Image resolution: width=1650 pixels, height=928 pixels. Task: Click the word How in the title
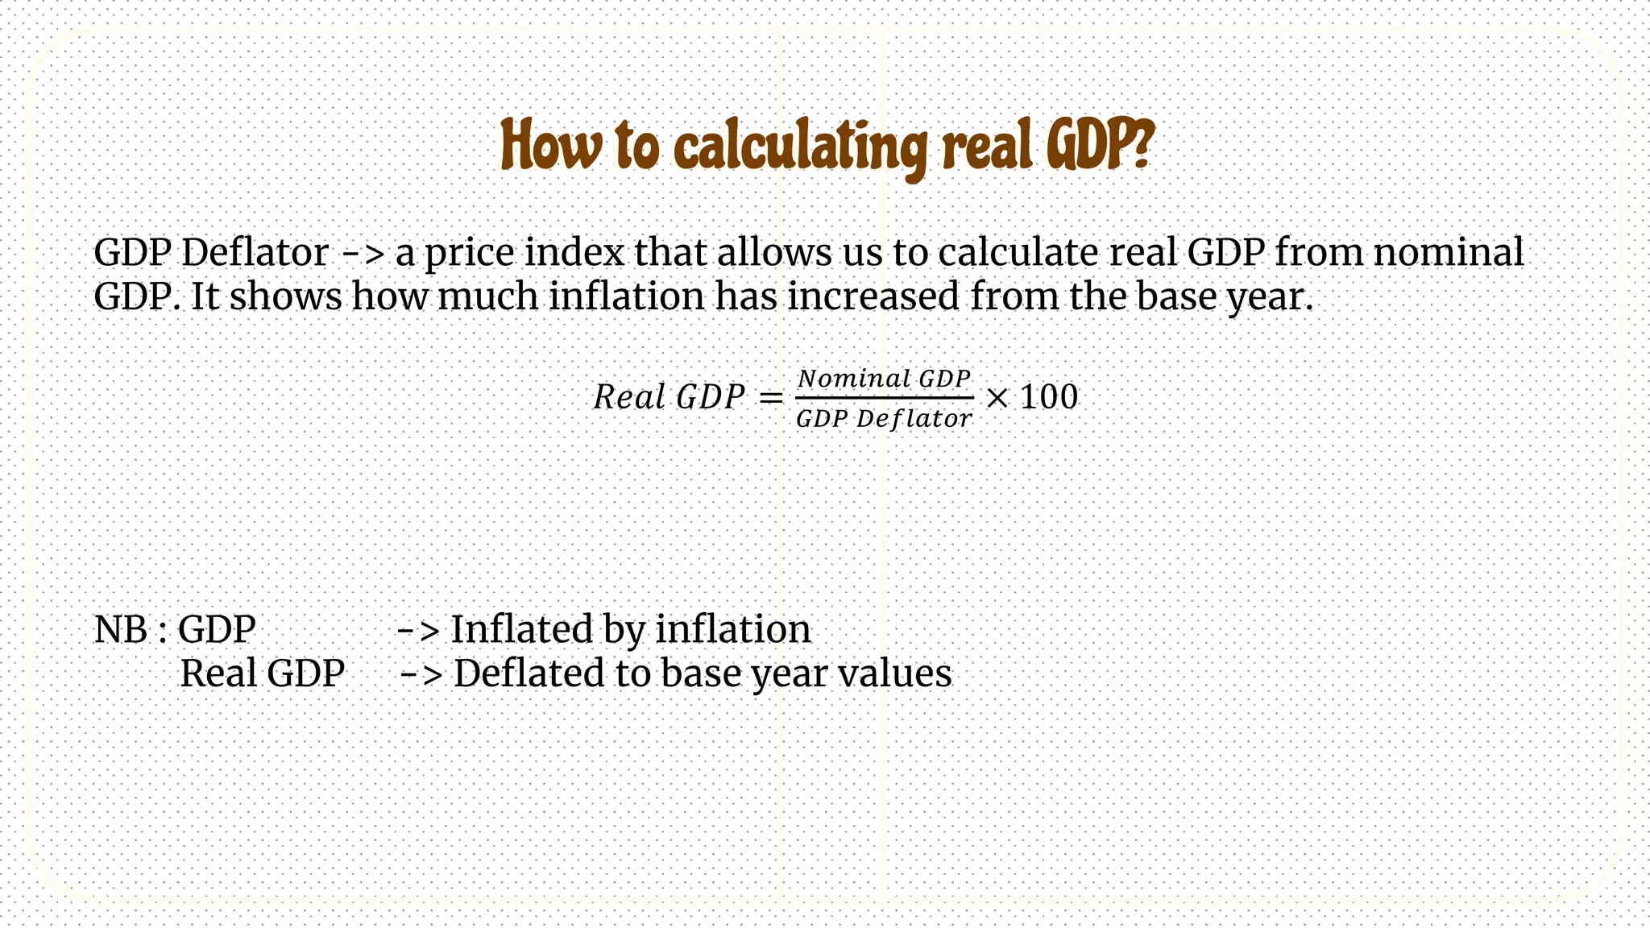550,146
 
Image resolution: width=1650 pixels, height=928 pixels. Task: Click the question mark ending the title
1140,144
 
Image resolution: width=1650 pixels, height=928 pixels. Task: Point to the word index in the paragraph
574,252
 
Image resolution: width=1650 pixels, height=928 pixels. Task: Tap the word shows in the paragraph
286,296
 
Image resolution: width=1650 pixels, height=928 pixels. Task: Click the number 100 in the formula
1048,397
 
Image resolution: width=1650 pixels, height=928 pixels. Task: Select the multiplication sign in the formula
997,398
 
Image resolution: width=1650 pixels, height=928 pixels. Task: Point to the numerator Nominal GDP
884,379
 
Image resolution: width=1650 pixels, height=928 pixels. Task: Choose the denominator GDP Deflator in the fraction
884,419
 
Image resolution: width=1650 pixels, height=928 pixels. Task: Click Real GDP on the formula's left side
669,397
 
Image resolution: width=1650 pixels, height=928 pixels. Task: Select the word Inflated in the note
521,629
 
